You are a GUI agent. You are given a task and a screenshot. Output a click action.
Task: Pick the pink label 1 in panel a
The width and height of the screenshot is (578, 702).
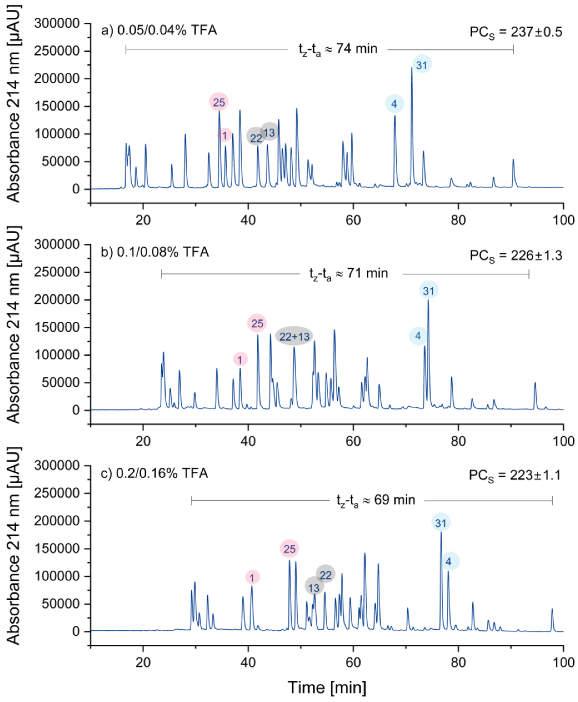tap(225, 135)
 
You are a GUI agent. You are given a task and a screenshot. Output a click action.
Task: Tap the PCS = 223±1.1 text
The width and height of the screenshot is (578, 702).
tap(515, 475)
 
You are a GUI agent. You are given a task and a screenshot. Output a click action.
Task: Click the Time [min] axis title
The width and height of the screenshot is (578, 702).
tap(327, 687)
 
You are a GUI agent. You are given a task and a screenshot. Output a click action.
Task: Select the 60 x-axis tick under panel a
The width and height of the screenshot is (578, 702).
tap(353, 220)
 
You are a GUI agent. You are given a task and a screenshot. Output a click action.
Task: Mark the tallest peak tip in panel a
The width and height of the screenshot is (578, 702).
tap(411, 68)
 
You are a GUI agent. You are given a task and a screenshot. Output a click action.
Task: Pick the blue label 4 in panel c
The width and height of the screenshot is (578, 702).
tap(448, 562)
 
